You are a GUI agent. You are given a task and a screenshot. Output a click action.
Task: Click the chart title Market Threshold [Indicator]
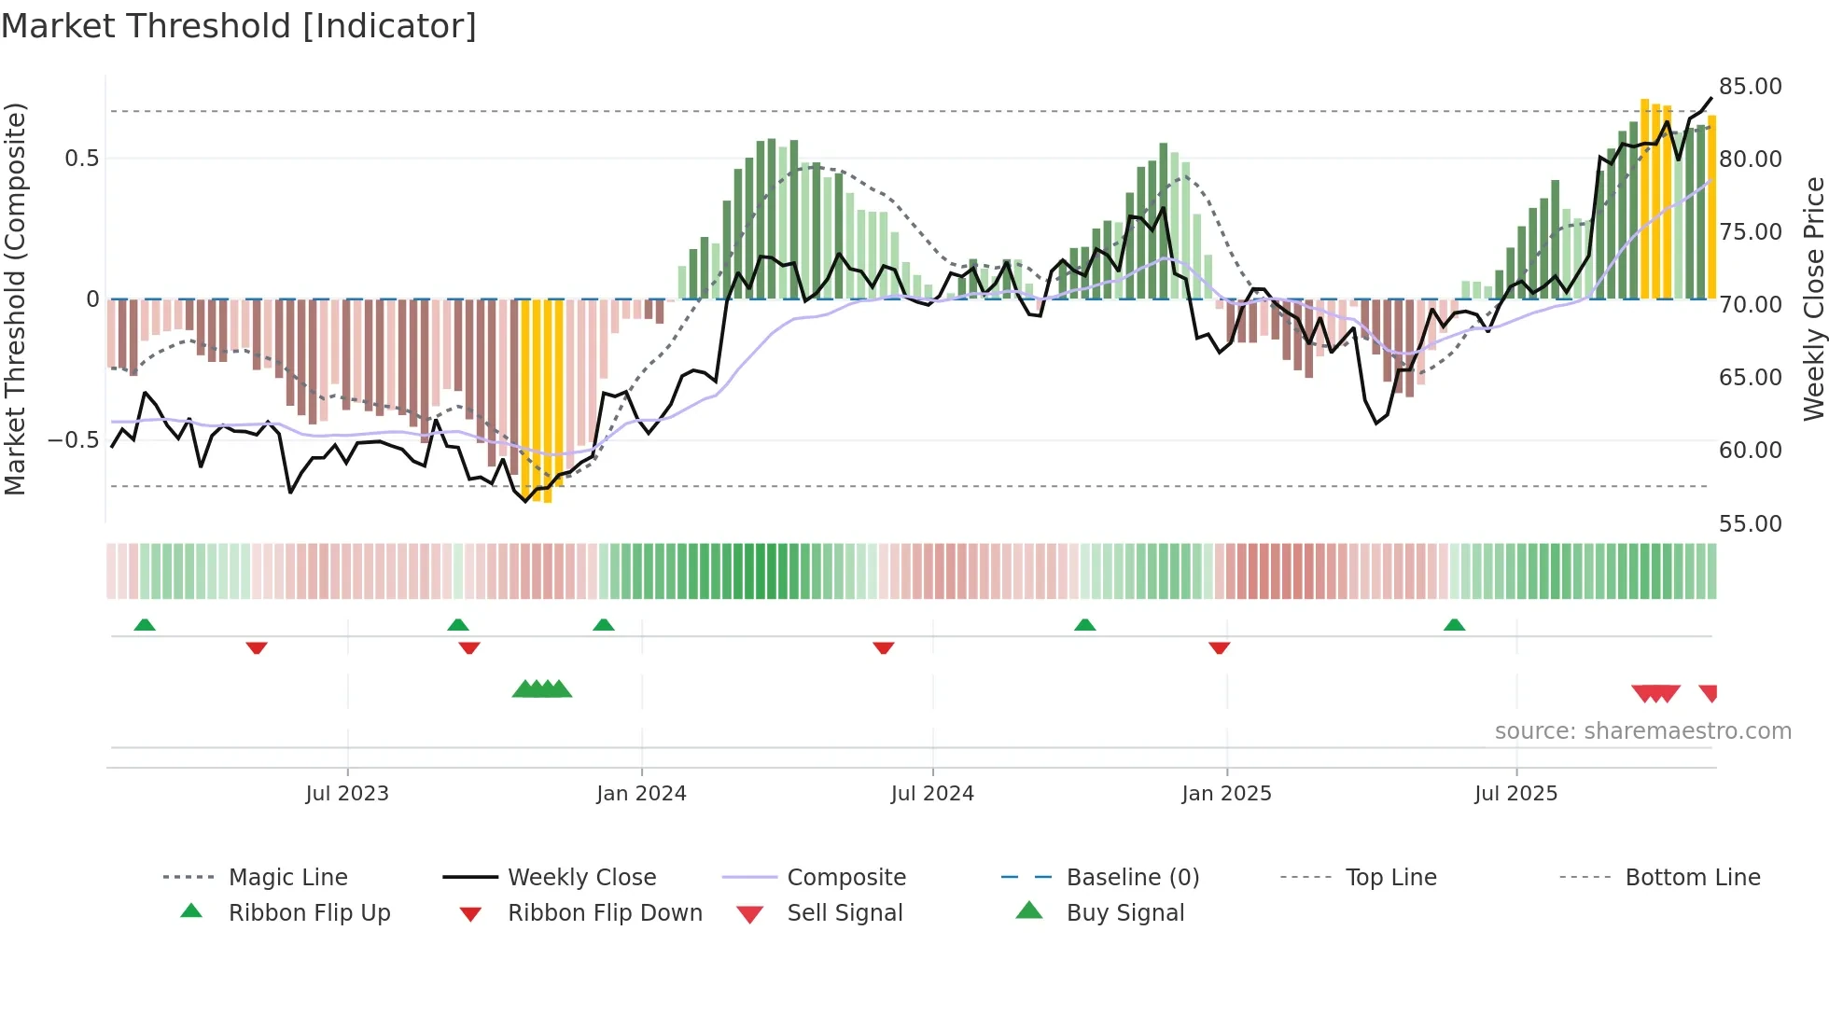pyautogui.click(x=239, y=26)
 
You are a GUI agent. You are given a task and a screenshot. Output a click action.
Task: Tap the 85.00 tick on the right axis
pyautogui.click(x=1750, y=87)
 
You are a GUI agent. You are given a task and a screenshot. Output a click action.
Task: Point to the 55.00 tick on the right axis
pyautogui.click(x=1750, y=523)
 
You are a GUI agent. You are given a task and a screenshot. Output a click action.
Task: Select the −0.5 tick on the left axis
pyautogui.click(x=74, y=439)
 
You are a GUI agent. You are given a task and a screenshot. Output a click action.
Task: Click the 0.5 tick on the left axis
pyautogui.click(x=81, y=158)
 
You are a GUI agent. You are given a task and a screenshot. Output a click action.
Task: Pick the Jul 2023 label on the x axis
pyautogui.click(x=346, y=793)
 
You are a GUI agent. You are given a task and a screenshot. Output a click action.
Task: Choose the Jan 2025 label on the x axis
pyautogui.click(x=1225, y=793)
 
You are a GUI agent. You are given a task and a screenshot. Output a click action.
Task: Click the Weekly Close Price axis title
pyautogui.click(x=1812, y=299)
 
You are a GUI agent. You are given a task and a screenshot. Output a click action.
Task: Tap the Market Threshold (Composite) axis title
pyautogui.click(x=15, y=299)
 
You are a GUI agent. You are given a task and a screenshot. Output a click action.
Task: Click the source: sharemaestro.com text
pyautogui.click(x=1642, y=730)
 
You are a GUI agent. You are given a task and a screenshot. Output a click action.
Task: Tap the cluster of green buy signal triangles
pyautogui.click(x=542, y=689)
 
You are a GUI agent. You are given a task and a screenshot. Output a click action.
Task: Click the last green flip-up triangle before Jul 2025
pyautogui.click(x=1454, y=625)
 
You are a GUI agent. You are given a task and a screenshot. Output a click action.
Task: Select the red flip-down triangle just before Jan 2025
pyautogui.click(x=1219, y=647)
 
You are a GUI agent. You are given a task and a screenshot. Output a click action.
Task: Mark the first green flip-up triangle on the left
pyautogui.click(x=145, y=625)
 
